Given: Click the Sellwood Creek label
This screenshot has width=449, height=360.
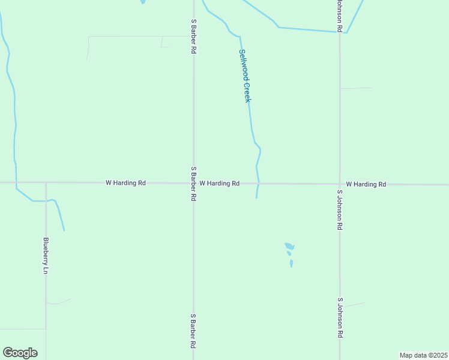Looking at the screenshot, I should pos(245,76).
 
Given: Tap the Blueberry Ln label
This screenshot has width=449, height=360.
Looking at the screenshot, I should pos(46,256).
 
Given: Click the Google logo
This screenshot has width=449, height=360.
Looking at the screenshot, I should pos(20,353).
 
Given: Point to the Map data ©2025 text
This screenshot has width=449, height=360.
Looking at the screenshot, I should pos(423,355).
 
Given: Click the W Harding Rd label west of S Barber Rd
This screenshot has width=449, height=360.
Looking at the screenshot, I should pos(125,182).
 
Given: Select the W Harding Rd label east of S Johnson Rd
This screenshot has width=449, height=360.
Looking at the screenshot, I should pos(366,184).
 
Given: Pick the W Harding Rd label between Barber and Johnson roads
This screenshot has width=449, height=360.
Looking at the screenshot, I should pos(220,183).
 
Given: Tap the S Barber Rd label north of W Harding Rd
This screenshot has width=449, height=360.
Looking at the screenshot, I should pos(193,37).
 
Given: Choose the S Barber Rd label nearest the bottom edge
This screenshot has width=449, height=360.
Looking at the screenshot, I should pos(193,331).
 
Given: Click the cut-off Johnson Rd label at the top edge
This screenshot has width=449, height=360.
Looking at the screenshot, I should pos(339,16).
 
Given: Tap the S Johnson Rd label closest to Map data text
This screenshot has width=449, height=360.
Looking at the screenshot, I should pos(340,318).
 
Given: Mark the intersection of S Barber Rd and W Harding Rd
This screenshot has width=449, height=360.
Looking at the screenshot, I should pos(193,182).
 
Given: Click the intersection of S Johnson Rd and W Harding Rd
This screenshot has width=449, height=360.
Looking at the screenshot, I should pos(340,184).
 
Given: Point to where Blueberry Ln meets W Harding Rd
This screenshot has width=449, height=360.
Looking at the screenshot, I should pos(46,182).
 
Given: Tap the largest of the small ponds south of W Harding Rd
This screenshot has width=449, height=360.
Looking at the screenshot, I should pos(289,246).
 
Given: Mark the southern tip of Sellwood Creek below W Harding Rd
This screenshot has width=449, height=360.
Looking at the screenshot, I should pos(257,198).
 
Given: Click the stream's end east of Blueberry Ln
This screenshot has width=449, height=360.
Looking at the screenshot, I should pos(64,230).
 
